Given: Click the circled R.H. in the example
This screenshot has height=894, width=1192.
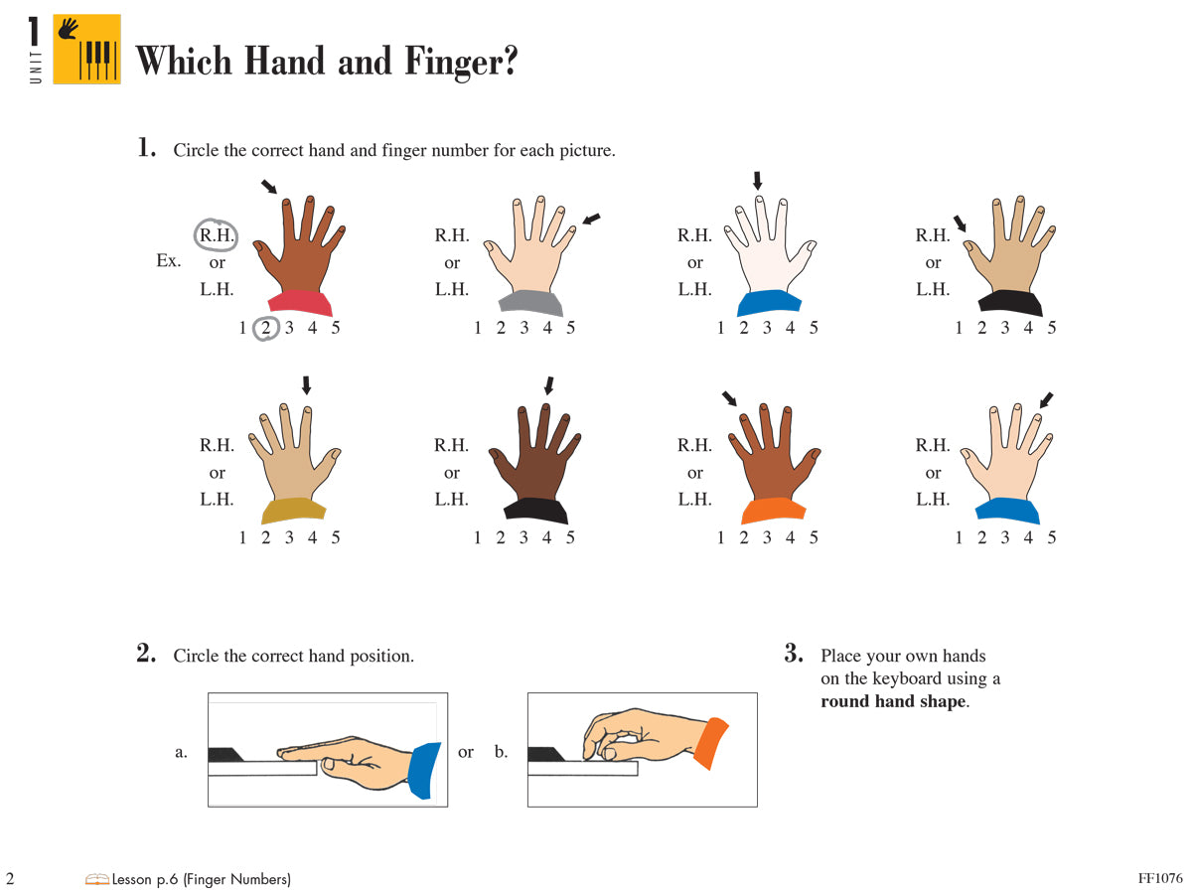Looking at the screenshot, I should pos(216,236).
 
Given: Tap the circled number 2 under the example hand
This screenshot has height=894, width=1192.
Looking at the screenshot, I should pos(265,328).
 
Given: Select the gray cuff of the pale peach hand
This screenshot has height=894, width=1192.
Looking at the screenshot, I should pos(531,304).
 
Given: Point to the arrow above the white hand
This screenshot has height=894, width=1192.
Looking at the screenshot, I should pos(758,181).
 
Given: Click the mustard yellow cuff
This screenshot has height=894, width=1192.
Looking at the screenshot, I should pos(295,512).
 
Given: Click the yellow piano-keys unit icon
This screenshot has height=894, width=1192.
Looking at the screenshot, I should pos(86,49).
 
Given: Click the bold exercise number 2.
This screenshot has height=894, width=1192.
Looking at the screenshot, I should pos(146,654).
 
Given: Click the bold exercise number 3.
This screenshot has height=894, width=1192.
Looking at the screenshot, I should pos(793,654).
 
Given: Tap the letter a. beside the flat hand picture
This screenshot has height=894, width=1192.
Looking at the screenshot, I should pos(181,752).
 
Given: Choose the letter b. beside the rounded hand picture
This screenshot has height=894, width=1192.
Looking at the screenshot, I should pos(501,752).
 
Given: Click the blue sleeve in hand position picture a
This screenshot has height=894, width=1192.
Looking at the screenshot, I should pos(424,768).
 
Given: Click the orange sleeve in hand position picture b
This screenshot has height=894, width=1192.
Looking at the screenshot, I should pos(710,743).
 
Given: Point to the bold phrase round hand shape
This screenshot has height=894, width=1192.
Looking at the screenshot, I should pos(892,701).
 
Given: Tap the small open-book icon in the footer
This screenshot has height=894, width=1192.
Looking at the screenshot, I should pos(97,878).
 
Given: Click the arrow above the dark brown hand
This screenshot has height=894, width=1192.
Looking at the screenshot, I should pos(548,385).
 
